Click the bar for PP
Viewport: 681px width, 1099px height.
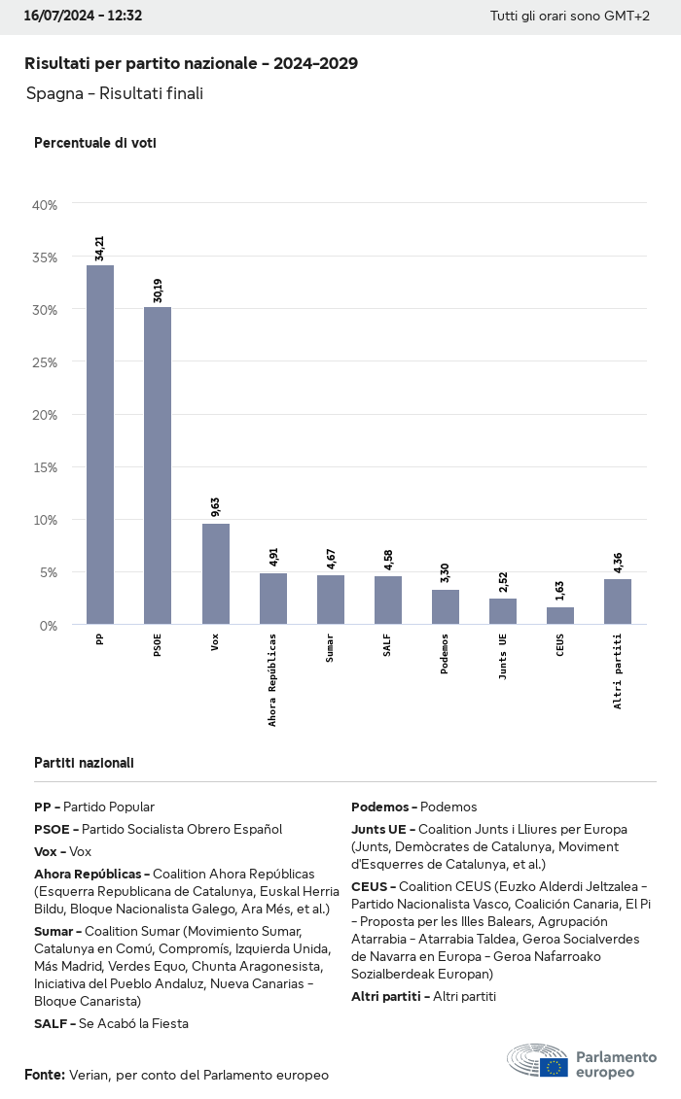coord(99,444)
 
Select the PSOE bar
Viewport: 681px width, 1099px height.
coord(158,465)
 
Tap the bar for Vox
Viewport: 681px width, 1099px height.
coord(215,573)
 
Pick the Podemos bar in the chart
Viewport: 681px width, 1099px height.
coord(446,606)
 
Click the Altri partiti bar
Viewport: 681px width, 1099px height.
coord(618,601)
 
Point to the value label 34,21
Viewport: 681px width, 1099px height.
coord(99,248)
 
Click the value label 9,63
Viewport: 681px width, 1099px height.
coord(215,507)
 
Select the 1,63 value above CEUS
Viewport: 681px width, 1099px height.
coord(560,592)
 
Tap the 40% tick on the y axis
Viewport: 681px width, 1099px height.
coord(46,205)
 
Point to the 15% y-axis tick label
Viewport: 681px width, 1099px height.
coord(46,467)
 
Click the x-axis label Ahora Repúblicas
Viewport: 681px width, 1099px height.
coord(272,679)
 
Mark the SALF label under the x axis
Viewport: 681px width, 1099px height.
coord(387,644)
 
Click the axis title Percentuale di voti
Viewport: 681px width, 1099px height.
coord(95,143)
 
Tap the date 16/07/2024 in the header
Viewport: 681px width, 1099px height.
coord(57,16)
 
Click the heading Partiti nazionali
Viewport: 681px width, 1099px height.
coord(84,763)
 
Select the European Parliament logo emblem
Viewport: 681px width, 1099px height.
coord(554,1067)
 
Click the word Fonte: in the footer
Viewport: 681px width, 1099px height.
coord(45,1075)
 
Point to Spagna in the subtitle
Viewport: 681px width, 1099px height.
coord(54,93)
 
